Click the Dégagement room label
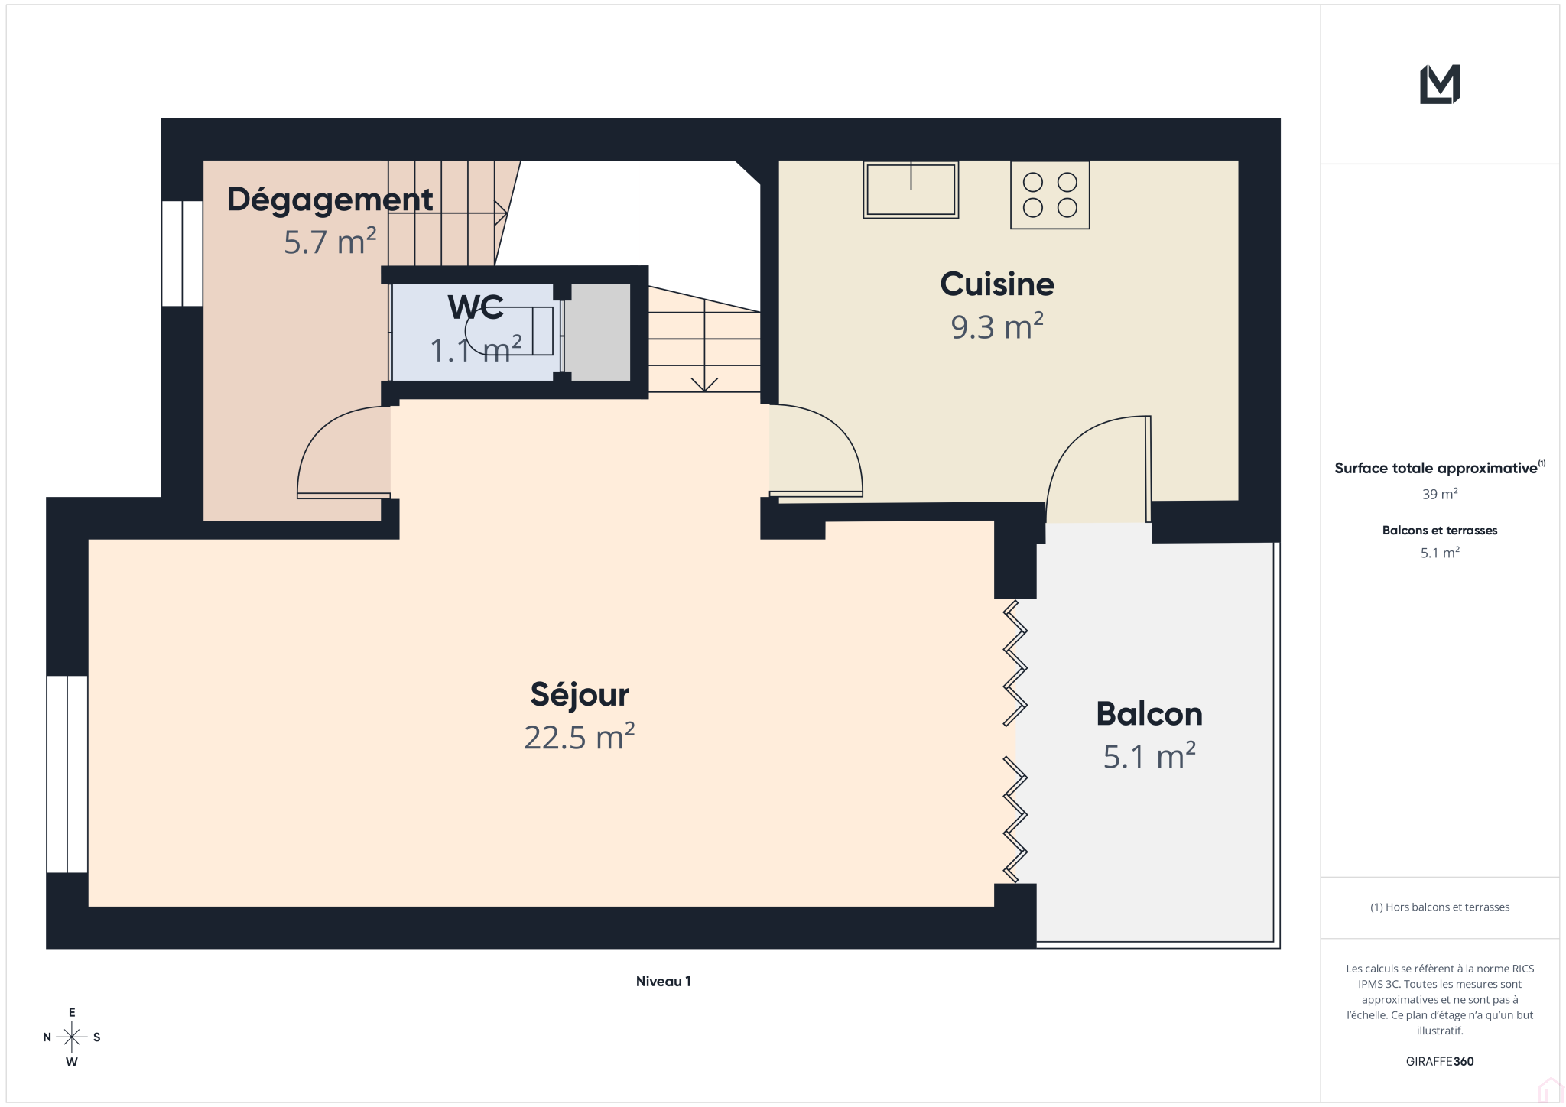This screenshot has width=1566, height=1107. [x=330, y=201]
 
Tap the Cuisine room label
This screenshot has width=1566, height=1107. [x=997, y=284]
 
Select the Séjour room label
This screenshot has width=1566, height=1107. [x=580, y=695]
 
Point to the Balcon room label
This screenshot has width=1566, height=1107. [x=1149, y=714]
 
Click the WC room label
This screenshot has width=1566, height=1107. [x=476, y=307]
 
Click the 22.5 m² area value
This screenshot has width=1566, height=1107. [x=580, y=737]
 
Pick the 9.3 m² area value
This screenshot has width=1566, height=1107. [x=997, y=326]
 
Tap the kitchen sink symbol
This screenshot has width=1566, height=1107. [x=911, y=190]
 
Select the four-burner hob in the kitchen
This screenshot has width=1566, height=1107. [x=1050, y=195]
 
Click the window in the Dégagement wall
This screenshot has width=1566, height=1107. [x=182, y=253]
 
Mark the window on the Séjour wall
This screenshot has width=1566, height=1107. [x=67, y=774]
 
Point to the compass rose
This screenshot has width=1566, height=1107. [x=72, y=1037]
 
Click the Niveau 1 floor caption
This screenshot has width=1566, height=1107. [x=664, y=982]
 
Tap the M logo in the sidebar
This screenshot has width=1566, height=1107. [x=1440, y=84]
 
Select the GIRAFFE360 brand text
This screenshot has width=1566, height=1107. [x=1440, y=1061]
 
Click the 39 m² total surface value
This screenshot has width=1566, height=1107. [x=1440, y=494]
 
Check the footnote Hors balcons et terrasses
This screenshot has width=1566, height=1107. [x=1440, y=907]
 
